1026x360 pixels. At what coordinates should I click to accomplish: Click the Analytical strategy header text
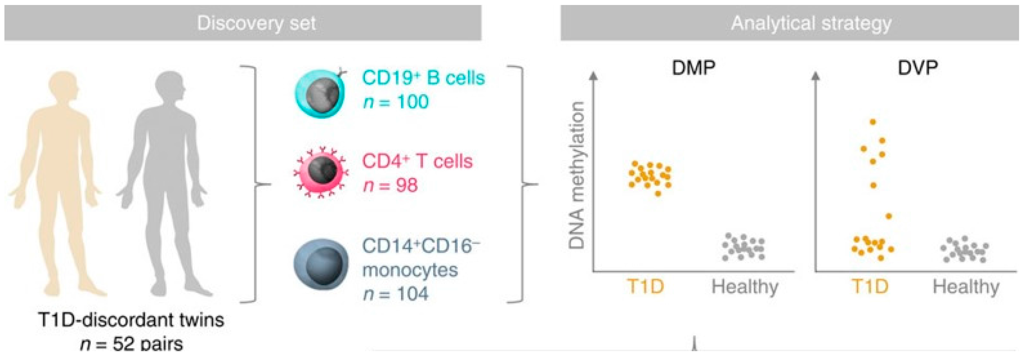811,23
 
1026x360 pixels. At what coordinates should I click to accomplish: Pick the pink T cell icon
321,172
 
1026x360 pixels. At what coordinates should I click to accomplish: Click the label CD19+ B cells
423,78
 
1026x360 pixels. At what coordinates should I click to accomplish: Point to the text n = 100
395,102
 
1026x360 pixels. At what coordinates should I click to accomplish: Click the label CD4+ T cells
417,162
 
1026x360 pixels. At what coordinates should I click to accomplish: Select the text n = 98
390,186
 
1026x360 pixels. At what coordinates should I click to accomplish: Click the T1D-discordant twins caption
131,320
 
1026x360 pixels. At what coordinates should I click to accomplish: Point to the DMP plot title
693,68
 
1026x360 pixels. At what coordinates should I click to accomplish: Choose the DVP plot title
917,68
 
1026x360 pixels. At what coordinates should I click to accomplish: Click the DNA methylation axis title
577,175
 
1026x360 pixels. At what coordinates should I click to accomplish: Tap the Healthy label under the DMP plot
745,287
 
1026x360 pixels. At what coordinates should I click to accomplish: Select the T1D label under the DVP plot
870,287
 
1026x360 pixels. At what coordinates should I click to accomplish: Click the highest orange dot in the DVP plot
873,122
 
